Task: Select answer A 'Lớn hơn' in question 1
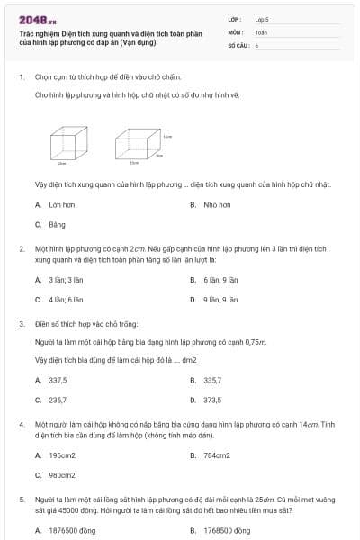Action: coord(58,204)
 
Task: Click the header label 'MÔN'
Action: coord(236,31)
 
